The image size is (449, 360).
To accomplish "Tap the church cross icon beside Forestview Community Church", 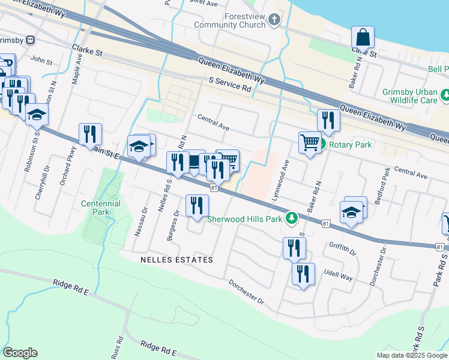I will tap(275, 20).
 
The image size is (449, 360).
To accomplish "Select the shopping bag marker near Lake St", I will tap(363, 37).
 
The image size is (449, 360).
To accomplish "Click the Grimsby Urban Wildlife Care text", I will tap(410, 97).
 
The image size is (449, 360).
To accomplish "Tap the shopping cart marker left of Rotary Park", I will tap(310, 143).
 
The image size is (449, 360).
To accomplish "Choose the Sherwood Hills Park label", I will tap(245, 219).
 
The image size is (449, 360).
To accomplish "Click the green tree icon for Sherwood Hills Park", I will tap(292, 218).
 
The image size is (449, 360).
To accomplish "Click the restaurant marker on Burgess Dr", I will tap(197, 206).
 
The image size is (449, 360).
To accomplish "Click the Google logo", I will tap(20, 353).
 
